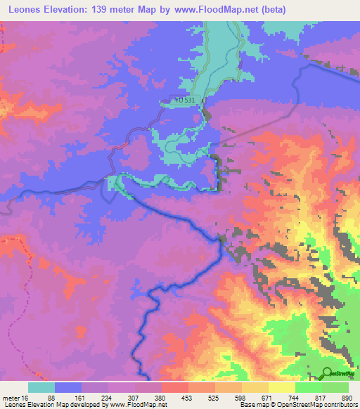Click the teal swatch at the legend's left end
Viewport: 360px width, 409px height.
coord(41,387)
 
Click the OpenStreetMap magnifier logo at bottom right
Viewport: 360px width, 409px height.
coord(328,372)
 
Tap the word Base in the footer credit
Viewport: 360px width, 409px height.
coord(245,405)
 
